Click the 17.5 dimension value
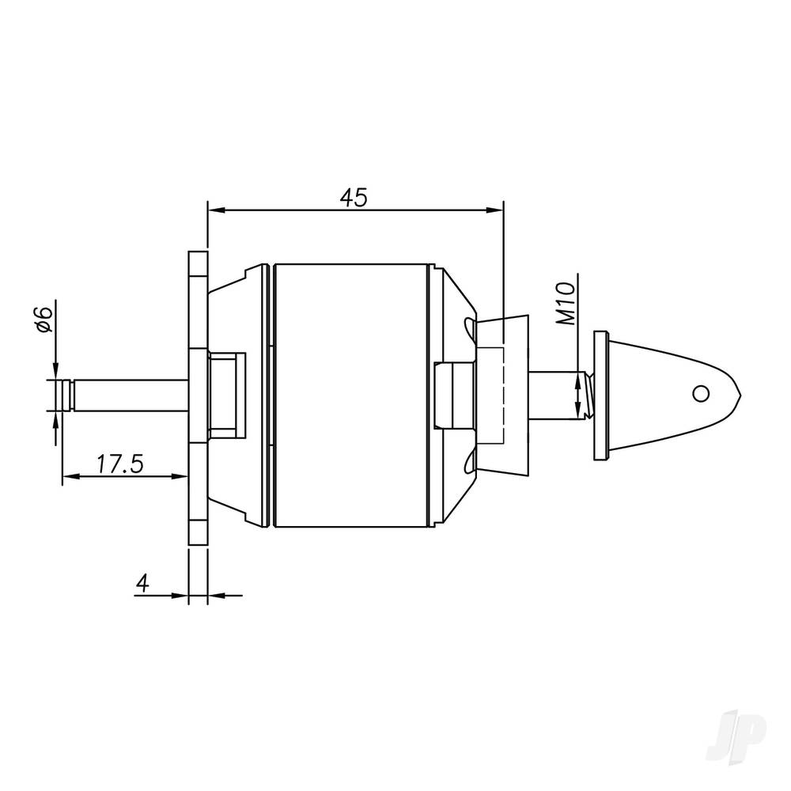[x=119, y=464]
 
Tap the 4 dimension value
[x=142, y=583]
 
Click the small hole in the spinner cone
[x=699, y=392]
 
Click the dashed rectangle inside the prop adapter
[x=492, y=395]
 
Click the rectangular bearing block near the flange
[x=225, y=395]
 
